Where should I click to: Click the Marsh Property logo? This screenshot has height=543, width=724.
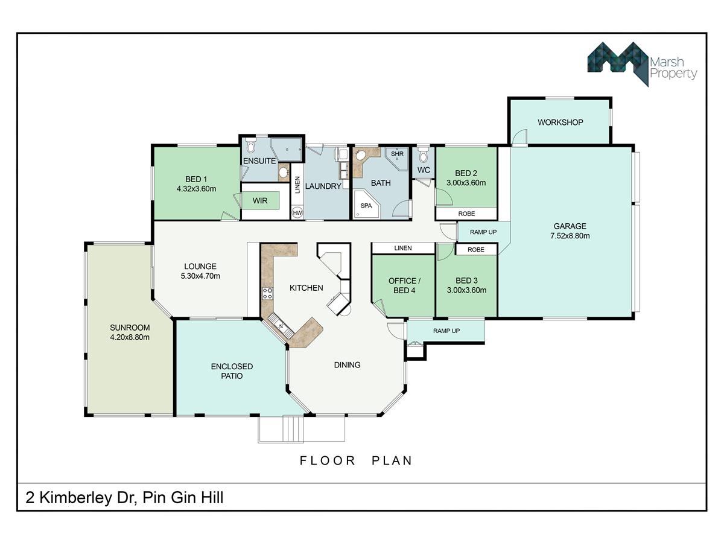pos(642,64)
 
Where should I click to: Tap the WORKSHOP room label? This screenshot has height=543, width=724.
pos(560,122)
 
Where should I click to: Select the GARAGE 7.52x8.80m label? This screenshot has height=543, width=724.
pos(570,231)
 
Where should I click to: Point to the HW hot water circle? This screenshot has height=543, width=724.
pos(297,212)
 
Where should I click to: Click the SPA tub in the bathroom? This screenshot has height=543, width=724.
pos(366,204)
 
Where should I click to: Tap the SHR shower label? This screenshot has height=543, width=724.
pos(397,154)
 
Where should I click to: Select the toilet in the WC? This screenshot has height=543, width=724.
pos(423,154)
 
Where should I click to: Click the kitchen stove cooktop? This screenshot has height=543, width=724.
pos(267,293)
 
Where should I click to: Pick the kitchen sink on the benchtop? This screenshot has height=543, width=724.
pos(281,326)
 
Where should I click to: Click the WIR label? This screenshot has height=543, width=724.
pos(260,200)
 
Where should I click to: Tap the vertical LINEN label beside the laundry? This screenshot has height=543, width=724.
pos(297,185)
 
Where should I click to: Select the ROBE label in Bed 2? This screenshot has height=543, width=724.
pos(466,214)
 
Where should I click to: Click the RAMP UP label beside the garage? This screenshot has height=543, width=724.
pos(483,232)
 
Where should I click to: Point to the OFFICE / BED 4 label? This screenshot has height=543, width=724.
pos(404,285)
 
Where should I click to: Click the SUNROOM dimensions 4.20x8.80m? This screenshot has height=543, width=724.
pos(130,337)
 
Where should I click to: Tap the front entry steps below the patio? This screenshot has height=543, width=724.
pos(293,428)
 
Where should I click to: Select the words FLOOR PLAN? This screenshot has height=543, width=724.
pos(356,460)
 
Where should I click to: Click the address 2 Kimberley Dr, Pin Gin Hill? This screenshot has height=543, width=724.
pos(124,498)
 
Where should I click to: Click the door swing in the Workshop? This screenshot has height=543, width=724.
pos(520,136)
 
